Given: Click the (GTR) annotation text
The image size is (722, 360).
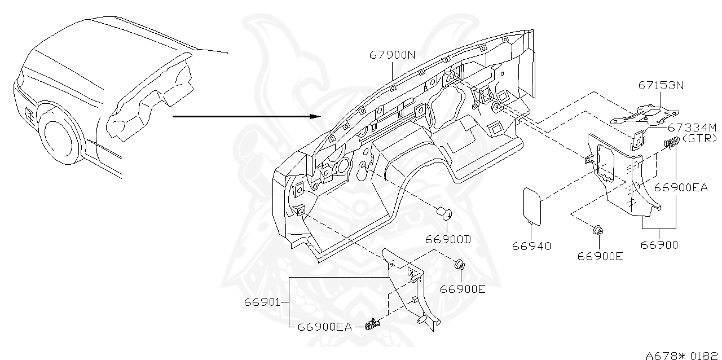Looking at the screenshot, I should coord(699,138).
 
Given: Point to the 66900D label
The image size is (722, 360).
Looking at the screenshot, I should coord(448,239).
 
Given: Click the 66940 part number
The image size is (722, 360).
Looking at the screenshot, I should coord(531,246).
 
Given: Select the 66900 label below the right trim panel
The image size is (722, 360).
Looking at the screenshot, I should coord(659,245).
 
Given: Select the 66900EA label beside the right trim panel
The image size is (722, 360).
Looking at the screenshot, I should coord(681,188).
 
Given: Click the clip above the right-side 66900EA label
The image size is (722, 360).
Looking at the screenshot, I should coord(671,145).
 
